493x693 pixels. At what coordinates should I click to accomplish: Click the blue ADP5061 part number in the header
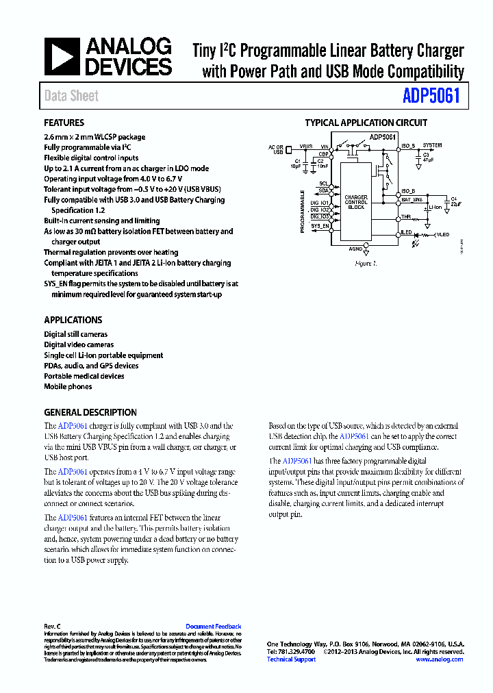[x=432, y=96]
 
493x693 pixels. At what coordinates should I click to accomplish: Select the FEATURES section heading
[x=64, y=123]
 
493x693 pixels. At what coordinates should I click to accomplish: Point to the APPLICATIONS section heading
[x=73, y=320]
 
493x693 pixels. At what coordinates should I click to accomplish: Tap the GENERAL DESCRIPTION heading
[x=90, y=413]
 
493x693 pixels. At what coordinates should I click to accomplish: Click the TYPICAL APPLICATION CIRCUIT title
[x=366, y=123]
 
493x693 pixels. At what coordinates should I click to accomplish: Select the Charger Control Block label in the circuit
[x=356, y=202]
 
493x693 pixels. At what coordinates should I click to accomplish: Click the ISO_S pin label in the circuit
[x=408, y=146]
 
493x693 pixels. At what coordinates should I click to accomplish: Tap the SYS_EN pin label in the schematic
[x=320, y=225]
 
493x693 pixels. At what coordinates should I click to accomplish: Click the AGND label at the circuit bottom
[x=355, y=249]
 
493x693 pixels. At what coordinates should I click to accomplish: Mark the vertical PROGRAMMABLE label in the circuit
[x=302, y=212]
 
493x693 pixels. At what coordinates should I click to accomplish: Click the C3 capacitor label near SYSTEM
[x=425, y=155]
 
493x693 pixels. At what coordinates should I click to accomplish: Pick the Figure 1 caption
[x=366, y=264]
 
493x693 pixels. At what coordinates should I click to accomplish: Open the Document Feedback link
[x=213, y=627]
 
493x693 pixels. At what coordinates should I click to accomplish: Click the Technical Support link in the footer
[x=291, y=659]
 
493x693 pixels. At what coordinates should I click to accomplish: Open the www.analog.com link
[x=439, y=659]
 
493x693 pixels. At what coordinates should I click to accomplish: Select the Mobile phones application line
[x=68, y=387]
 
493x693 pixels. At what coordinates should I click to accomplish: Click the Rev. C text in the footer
[x=53, y=627]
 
